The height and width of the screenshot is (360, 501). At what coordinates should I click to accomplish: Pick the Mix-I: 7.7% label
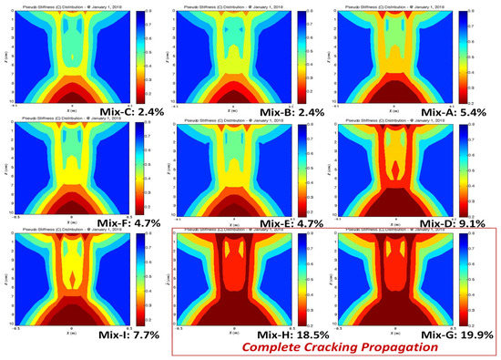(x=107, y=336)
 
